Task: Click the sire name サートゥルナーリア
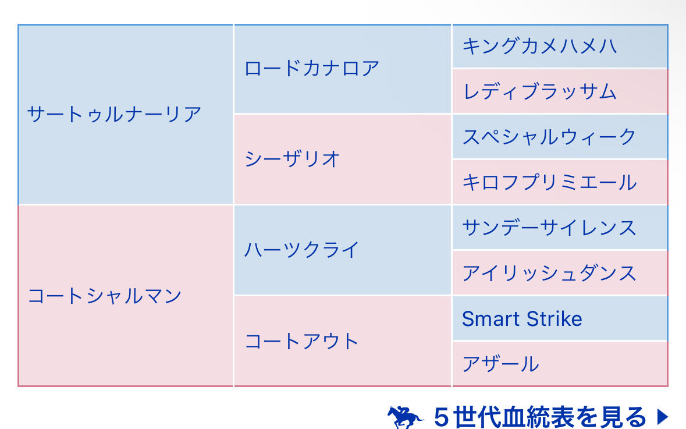click(x=114, y=115)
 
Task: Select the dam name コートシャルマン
click(x=104, y=296)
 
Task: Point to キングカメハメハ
click(x=539, y=47)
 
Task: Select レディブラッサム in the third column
click(x=539, y=92)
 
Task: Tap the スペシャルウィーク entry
click(x=549, y=137)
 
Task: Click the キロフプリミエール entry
click(x=549, y=183)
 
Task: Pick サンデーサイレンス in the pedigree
click(x=549, y=228)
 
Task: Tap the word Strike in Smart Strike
click(x=555, y=318)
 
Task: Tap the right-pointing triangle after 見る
click(x=663, y=416)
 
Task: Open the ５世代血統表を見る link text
click(x=540, y=417)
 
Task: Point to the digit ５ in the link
click(x=442, y=417)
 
